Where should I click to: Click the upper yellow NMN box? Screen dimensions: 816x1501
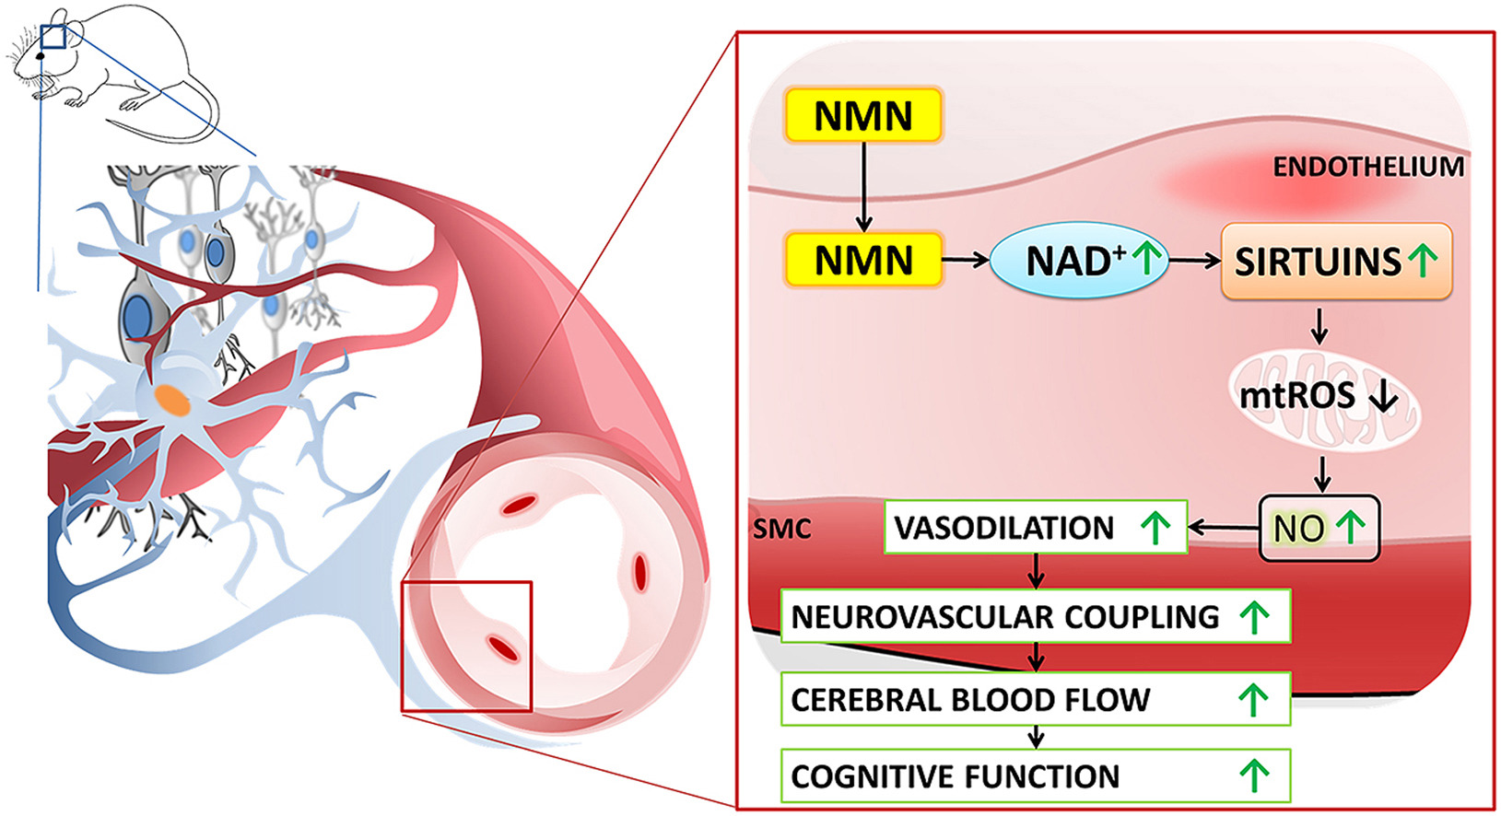[862, 116]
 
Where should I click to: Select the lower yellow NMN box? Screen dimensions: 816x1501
[862, 261]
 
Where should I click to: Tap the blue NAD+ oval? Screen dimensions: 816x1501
[1078, 261]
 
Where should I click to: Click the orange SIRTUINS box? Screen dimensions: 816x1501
[1335, 262]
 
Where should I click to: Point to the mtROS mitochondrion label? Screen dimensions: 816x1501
[1297, 396]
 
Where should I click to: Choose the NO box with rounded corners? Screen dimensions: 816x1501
[1319, 528]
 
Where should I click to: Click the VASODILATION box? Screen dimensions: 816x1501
[1034, 528]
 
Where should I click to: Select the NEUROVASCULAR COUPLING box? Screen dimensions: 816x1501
[1034, 616]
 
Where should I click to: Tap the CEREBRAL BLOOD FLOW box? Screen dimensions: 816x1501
[1034, 699]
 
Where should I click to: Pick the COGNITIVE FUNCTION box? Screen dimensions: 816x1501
[1034, 775]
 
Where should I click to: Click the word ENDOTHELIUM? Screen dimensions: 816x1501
[1367, 167]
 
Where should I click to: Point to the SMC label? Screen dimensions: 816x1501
[782, 529]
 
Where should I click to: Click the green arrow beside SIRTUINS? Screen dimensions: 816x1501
[1425, 260]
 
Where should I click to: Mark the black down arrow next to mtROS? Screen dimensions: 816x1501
[1384, 397]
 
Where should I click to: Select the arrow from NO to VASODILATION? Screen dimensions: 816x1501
[1223, 528]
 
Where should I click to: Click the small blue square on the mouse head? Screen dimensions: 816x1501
[53, 36]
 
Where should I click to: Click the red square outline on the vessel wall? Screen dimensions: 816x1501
[466, 647]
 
